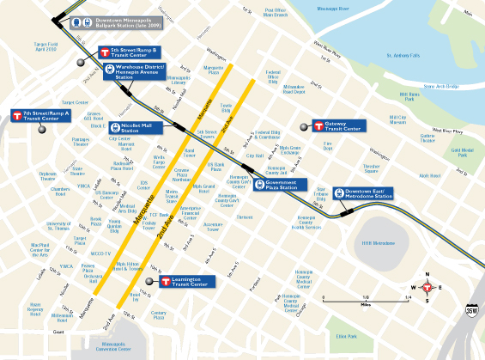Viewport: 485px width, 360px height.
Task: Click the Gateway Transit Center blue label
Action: (x=342, y=126)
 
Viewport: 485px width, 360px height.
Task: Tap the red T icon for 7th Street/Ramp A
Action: (x=17, y=115)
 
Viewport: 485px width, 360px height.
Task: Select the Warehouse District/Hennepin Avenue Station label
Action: (x=139, y=72)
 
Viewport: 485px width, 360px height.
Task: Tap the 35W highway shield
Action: (x=470, y=311)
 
